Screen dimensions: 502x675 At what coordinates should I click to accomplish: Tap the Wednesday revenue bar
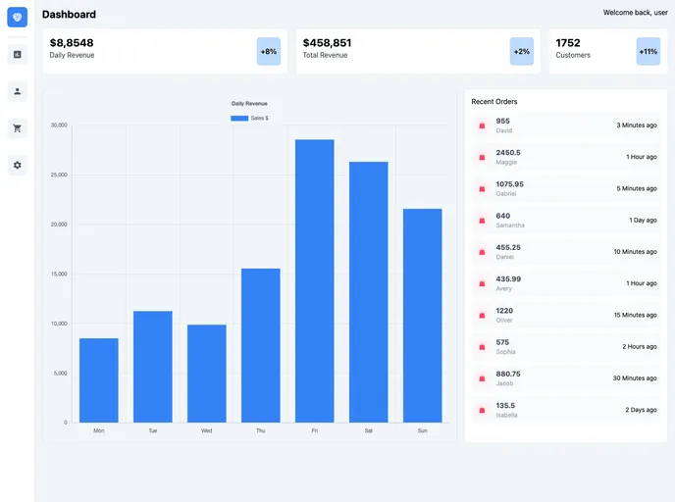(x=206, y=374)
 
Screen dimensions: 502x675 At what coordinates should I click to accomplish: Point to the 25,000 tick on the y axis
(x=59, y=175)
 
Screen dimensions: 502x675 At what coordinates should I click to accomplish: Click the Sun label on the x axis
(x=422, y=430)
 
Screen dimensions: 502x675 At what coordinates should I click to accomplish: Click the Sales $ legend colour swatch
(x=238, y=118)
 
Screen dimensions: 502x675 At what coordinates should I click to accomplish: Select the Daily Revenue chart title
(x=249, y=103)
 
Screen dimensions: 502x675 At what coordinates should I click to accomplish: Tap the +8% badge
(x=268, y=51)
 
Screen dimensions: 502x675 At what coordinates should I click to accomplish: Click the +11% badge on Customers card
(x=648, y=51)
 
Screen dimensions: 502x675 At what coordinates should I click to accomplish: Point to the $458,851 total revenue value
(x=327, y=43)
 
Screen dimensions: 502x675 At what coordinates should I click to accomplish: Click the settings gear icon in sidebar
(x=17, y=165)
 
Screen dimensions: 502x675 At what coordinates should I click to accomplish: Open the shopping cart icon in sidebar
(x=17, y=127)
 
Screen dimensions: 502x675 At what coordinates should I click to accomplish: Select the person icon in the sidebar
(x=17, y=91)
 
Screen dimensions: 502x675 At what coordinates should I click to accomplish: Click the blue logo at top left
(x=17, y=17)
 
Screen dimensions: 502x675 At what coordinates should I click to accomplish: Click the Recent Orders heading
(x=493, y=102)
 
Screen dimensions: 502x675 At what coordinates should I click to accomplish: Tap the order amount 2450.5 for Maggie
(x=508, y=152)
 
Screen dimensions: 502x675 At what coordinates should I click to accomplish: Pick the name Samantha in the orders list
(x=510, y=226)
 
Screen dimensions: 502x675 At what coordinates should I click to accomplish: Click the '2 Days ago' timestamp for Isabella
(x=641, y=410)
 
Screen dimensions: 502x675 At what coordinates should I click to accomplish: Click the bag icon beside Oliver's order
(x=482, y=316)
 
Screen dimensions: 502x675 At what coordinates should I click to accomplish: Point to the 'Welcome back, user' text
(x=635, y=13)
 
